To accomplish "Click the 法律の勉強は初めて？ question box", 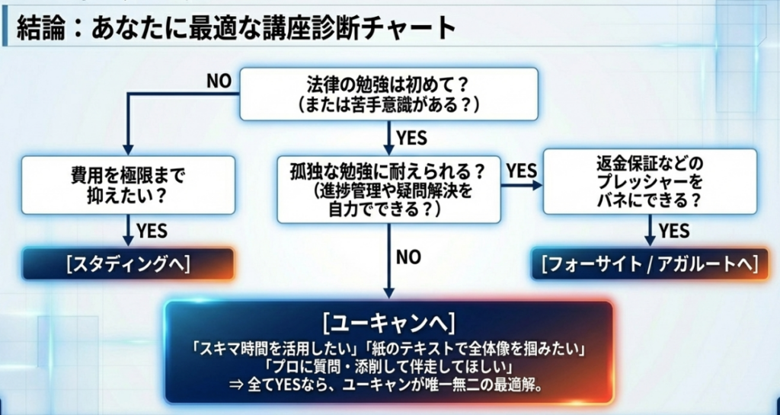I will pos(388,94).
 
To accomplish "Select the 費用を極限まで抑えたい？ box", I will pos(127,184).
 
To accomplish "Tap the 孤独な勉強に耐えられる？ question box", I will pos(388,189).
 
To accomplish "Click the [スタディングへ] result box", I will pos(127,263).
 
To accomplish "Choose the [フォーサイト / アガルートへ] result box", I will pos(650,263).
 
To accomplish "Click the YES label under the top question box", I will pos(411,139).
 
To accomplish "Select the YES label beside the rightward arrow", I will pos(522,171).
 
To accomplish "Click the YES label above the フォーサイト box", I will pos(673,230).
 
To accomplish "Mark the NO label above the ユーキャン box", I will pos(408,257).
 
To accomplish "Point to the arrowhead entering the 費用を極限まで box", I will pos(127,149).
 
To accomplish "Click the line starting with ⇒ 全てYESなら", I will pos(388,385).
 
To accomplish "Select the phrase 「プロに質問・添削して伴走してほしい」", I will pos(388,368).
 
